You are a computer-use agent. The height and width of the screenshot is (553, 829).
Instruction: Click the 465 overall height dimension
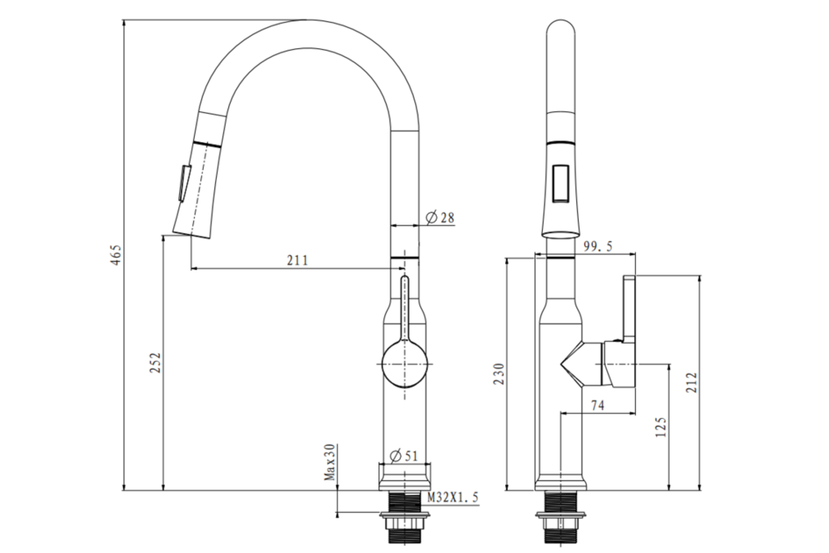(116, 255)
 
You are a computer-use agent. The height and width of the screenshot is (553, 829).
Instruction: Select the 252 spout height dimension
(156, 363)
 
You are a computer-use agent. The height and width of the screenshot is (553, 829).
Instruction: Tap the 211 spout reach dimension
(298, 261)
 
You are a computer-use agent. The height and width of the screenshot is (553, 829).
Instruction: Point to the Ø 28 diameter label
(440, 218)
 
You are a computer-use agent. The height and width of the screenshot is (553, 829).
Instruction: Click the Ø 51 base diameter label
(404, 456)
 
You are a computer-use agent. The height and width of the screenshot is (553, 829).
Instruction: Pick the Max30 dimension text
(330, 462)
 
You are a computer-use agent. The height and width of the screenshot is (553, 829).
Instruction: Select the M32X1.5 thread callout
(453, 497)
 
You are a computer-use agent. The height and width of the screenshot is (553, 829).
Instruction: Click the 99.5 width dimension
(598, 246)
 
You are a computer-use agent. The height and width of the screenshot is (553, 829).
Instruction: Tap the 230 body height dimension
(499, 374)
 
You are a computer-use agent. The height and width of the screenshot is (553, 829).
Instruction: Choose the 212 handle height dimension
(692, 383)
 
